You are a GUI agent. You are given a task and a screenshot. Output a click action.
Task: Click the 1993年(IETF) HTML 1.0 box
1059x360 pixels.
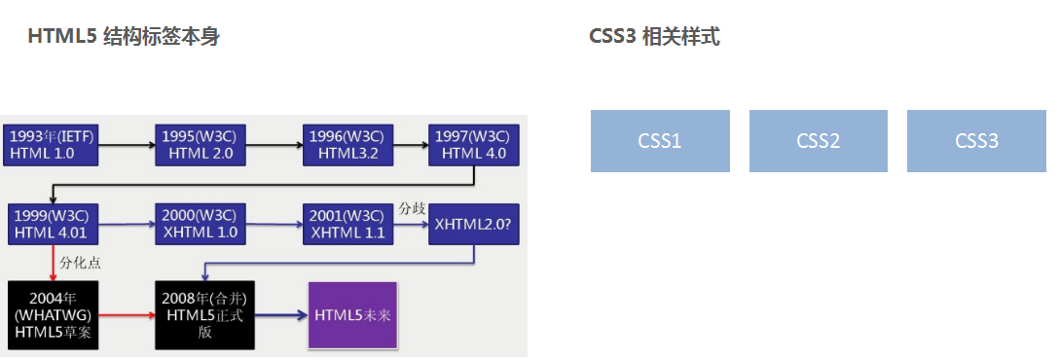(52, 144)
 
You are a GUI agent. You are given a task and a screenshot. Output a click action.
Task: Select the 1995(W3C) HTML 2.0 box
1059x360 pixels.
(200, 144)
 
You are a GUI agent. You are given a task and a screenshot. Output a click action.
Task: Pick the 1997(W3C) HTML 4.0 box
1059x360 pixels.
(474, 144)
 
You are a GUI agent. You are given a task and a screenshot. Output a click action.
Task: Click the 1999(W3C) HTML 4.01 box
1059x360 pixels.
(52, 224)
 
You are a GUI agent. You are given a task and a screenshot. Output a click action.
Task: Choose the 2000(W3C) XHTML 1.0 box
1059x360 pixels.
(200, 224)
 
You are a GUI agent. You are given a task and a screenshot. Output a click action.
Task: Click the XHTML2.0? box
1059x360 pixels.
(474, 224)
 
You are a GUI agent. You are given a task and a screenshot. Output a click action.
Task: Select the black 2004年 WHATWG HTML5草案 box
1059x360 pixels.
(52, 315)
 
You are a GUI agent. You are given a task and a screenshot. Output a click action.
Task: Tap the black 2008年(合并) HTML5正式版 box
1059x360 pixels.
(200, 315)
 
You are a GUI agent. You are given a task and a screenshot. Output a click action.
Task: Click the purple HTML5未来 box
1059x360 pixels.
(352, 315)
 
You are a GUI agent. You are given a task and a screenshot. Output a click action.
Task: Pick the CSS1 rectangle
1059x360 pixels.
(660, 141)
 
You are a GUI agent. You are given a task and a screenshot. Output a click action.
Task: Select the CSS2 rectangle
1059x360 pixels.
(818, 141)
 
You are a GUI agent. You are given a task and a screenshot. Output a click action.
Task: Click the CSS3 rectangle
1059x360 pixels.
(976, 141)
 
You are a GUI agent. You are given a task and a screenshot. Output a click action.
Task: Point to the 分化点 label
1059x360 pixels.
(81, 263)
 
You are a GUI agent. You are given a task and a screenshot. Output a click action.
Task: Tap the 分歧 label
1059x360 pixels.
(412, 208)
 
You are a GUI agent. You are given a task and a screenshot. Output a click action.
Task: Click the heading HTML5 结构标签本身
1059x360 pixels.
(124, 37)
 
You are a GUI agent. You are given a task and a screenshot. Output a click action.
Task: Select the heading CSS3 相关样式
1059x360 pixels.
(654, 37)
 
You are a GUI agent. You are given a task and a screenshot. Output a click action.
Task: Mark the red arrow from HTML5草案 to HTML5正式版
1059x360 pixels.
(127, 316)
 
